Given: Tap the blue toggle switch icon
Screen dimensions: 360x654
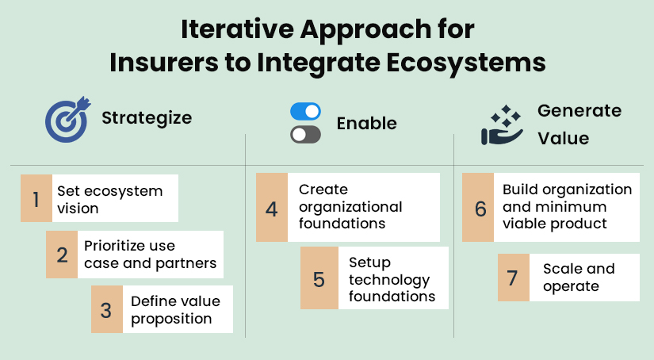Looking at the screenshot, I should (305, 112).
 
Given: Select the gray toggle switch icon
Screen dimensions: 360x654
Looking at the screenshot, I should (305, 135).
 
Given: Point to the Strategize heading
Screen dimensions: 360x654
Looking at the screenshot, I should (147, 118).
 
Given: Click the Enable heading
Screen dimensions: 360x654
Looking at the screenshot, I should (366, 124).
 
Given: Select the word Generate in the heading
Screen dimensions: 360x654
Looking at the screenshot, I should (579, 110).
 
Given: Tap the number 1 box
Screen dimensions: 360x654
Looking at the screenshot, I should (36, 198).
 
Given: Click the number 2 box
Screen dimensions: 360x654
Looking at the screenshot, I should (62, 255).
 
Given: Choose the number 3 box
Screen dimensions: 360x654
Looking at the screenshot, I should (106, 309).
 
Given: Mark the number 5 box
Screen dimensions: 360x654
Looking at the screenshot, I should (319, 278).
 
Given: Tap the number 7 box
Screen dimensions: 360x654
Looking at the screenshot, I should (513, 278).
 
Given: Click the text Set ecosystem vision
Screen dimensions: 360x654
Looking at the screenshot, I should (109, 199).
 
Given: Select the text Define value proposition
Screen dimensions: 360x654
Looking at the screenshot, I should (175, 310).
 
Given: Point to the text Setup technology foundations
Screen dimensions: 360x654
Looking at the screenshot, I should (392, 279).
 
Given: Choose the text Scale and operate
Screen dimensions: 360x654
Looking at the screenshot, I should (579, 278).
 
